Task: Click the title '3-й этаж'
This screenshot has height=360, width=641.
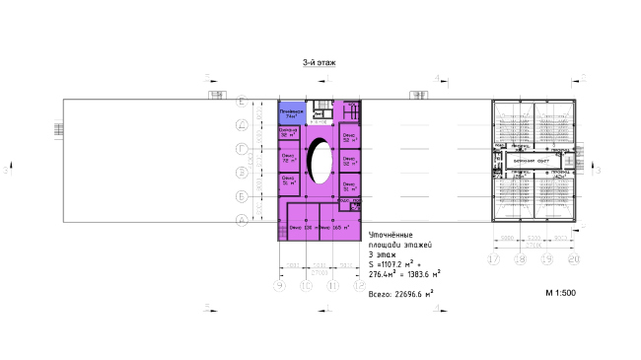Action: tap(320, 62)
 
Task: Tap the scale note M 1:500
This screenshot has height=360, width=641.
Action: tap(561, 293)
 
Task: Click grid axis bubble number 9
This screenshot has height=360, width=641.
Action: tap(280, 286)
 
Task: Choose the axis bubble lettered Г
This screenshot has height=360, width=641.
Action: tap(242, 148)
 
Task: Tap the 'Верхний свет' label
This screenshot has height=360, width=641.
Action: tap(531, 161)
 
